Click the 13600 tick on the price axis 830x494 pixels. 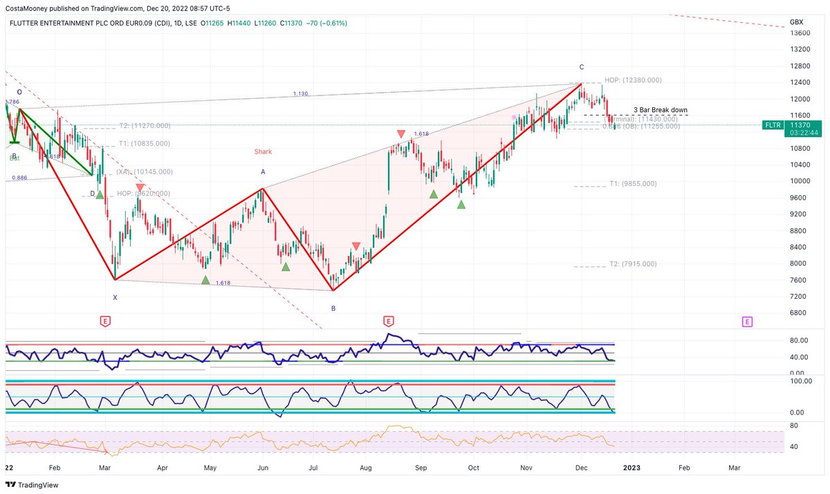800,33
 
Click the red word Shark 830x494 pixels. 263,152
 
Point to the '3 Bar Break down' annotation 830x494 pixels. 660,111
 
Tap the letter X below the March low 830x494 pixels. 115,298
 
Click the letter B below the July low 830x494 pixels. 333,309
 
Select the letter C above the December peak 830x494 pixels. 582,67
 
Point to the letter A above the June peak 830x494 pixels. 263,172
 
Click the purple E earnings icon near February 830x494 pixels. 747,321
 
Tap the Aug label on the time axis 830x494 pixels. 366,468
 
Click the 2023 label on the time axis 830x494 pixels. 631,468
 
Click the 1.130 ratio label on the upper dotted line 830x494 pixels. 299,93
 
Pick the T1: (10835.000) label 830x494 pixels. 143,144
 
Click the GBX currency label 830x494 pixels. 796,22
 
